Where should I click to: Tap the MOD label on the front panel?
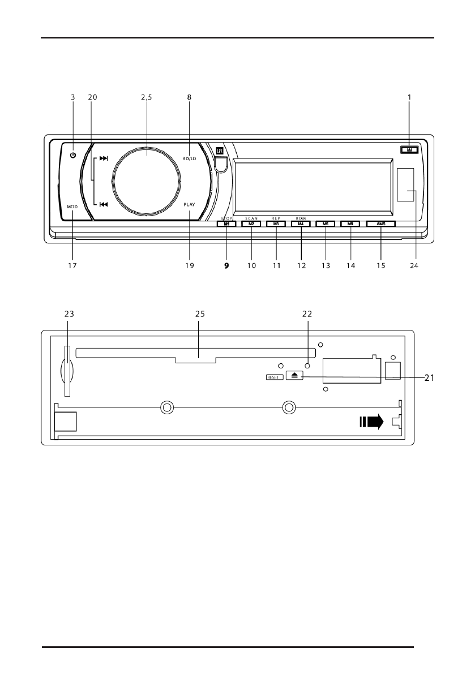pos(72,207)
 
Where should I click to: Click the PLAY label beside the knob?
pos(189,207)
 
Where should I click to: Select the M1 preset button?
pos(226,224)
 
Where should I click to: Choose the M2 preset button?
pos(251,224)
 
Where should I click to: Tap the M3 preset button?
pos(276,224)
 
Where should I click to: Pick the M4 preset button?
pos(301,224)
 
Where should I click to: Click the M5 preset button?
pos(326,224)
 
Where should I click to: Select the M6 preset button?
pos(350,224)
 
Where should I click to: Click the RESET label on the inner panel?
pos(274,376)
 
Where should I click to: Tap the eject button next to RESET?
pos(295,375)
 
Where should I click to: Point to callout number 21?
pos(428,377)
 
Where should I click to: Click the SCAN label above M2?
pos(251,218)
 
